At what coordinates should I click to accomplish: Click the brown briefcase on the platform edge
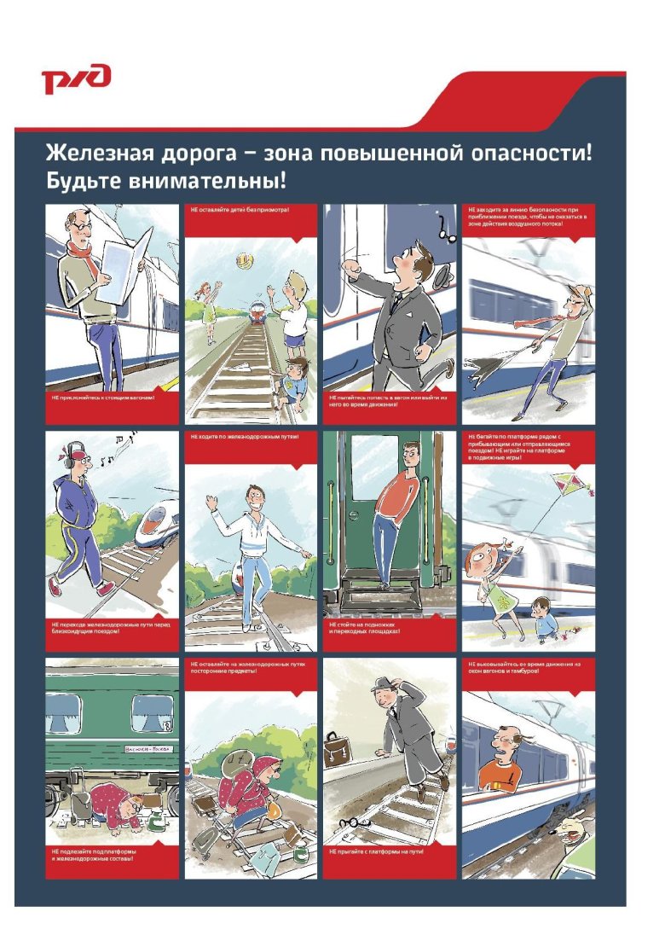click(338, 748)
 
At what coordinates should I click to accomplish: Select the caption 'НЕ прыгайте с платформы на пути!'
click(377, 851)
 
